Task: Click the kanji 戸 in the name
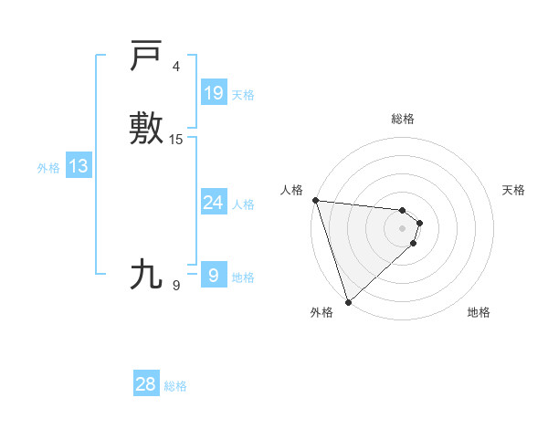pos(146,56)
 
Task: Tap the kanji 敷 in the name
pos(146,129)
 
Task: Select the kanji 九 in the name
pos(146,274)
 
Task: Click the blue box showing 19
pos(213,93)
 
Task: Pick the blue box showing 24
pos(213,203)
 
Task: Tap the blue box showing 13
pos(78,166)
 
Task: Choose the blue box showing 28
pos(146,384)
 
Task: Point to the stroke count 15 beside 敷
pos(176,140)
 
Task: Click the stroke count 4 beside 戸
pos(176,67)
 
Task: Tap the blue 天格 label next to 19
pos(242,95)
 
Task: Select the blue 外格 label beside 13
pos(47,168)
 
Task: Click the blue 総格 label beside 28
pos(175,386)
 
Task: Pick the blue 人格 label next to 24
pos(242,204)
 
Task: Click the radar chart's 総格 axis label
pos(402,119)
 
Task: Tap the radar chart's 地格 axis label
pos(479,312)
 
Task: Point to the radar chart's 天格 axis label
pos(513,190)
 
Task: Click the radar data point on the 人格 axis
pos(315,200)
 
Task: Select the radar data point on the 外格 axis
pos(348,301)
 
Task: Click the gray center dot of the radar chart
pos(402,227)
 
